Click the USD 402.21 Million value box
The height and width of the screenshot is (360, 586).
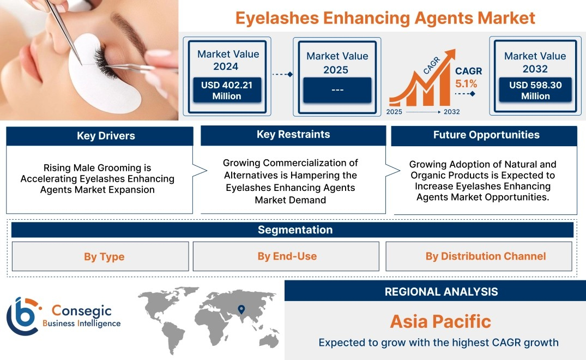[227, 90]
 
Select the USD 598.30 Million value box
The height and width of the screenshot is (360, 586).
[535, 90]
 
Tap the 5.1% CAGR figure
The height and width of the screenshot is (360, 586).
[466, 84]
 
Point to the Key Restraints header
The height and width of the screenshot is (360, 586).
[293, 135]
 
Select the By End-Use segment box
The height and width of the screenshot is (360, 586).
[286, 256]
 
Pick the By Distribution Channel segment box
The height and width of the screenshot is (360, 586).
[479, 256]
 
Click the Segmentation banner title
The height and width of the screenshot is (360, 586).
[295, 230]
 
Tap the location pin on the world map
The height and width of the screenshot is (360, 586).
[241, 309]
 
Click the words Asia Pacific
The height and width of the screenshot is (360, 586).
[440, 321]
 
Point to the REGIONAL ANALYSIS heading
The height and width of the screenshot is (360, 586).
[442, 292]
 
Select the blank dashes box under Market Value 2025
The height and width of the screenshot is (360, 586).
[337, 90]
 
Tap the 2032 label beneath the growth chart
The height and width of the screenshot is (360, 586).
[452, 112]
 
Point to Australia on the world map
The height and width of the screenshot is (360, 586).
[268, 340]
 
